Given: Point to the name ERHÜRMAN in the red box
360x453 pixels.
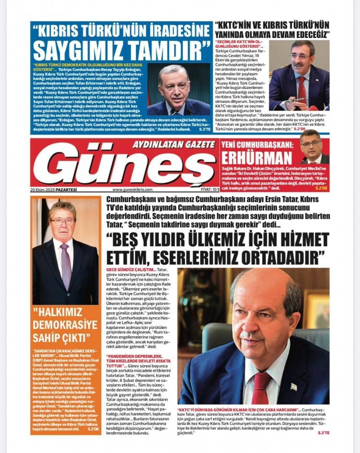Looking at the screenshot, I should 257,158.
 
